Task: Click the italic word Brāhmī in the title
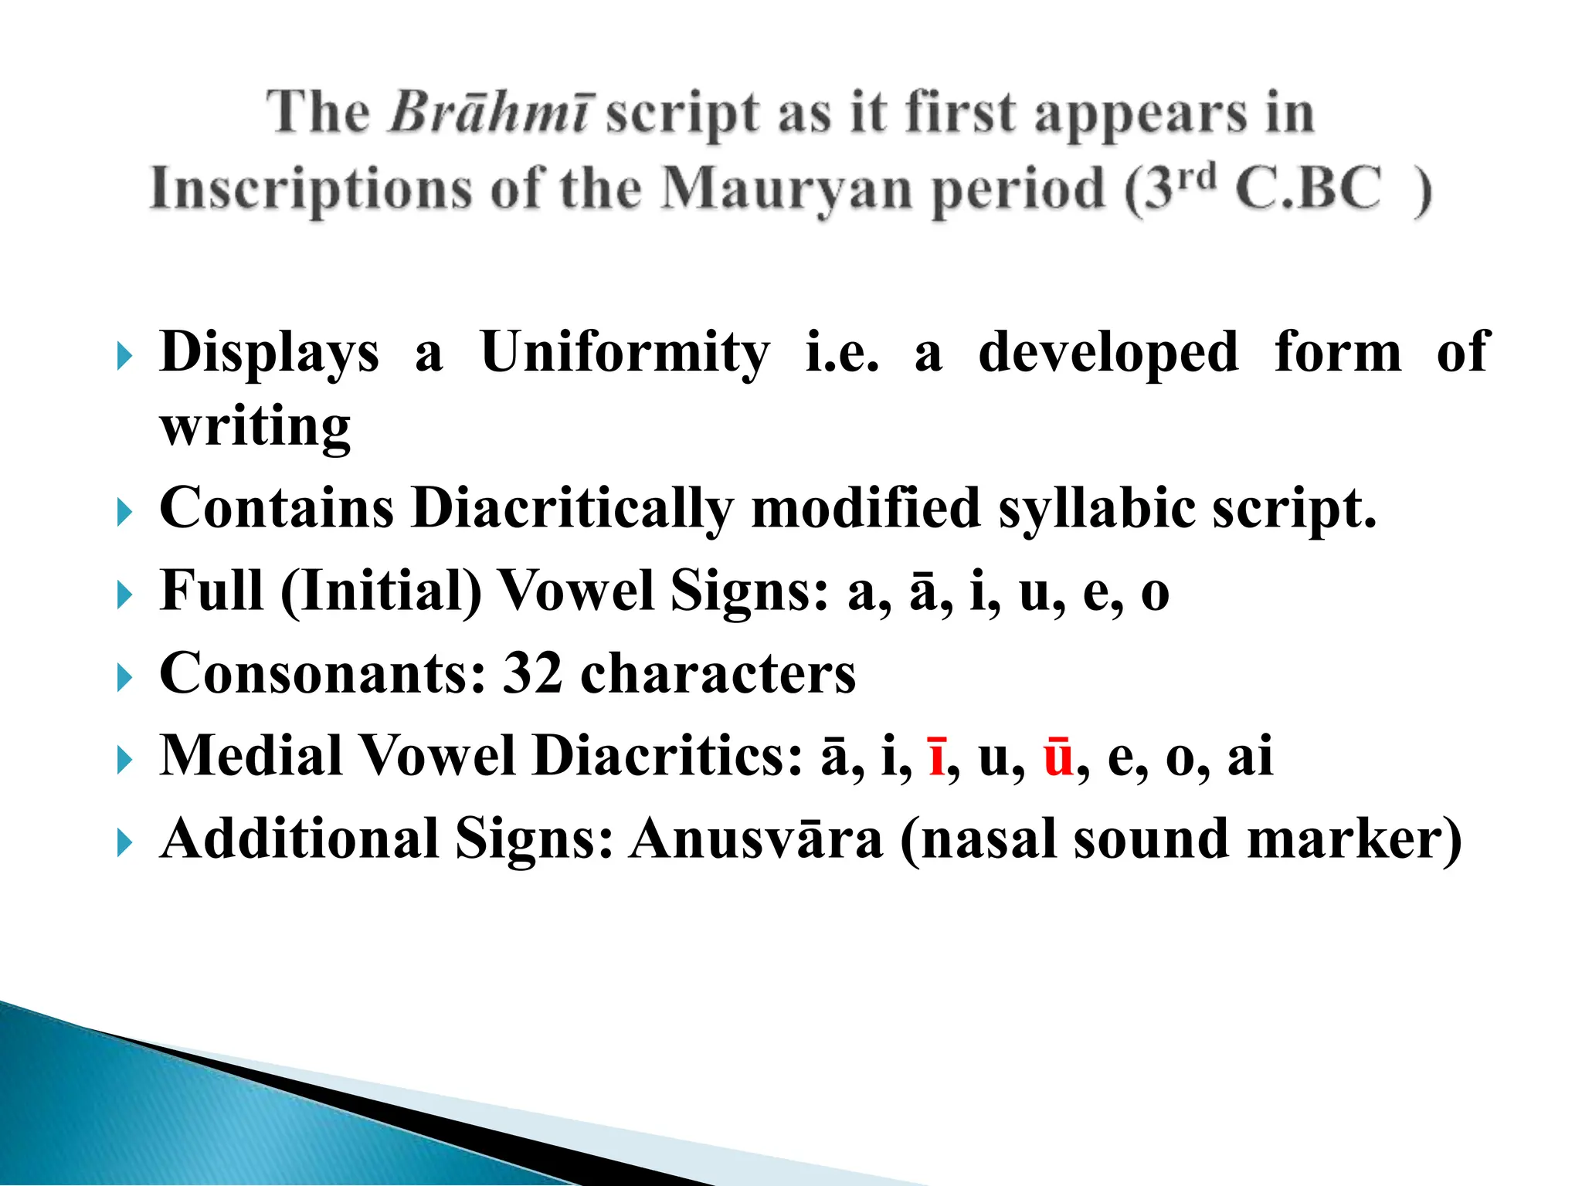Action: tap(490, 114)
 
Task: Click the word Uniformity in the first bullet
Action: tap(624, 353)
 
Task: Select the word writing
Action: tap(255, 427)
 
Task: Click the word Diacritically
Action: tap(572, 509)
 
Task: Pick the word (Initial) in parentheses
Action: tap(381, 591)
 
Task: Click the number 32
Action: tap(532, 673)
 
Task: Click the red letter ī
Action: tap(937, 756)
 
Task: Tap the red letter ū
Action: tap(1058, 756)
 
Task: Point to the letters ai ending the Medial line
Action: tap(1249, 756)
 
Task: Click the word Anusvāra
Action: tap(755, 839)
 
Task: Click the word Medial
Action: tap(251, 756)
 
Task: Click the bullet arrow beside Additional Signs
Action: tap(124, 844)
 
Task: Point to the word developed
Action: tap(1108, 353)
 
